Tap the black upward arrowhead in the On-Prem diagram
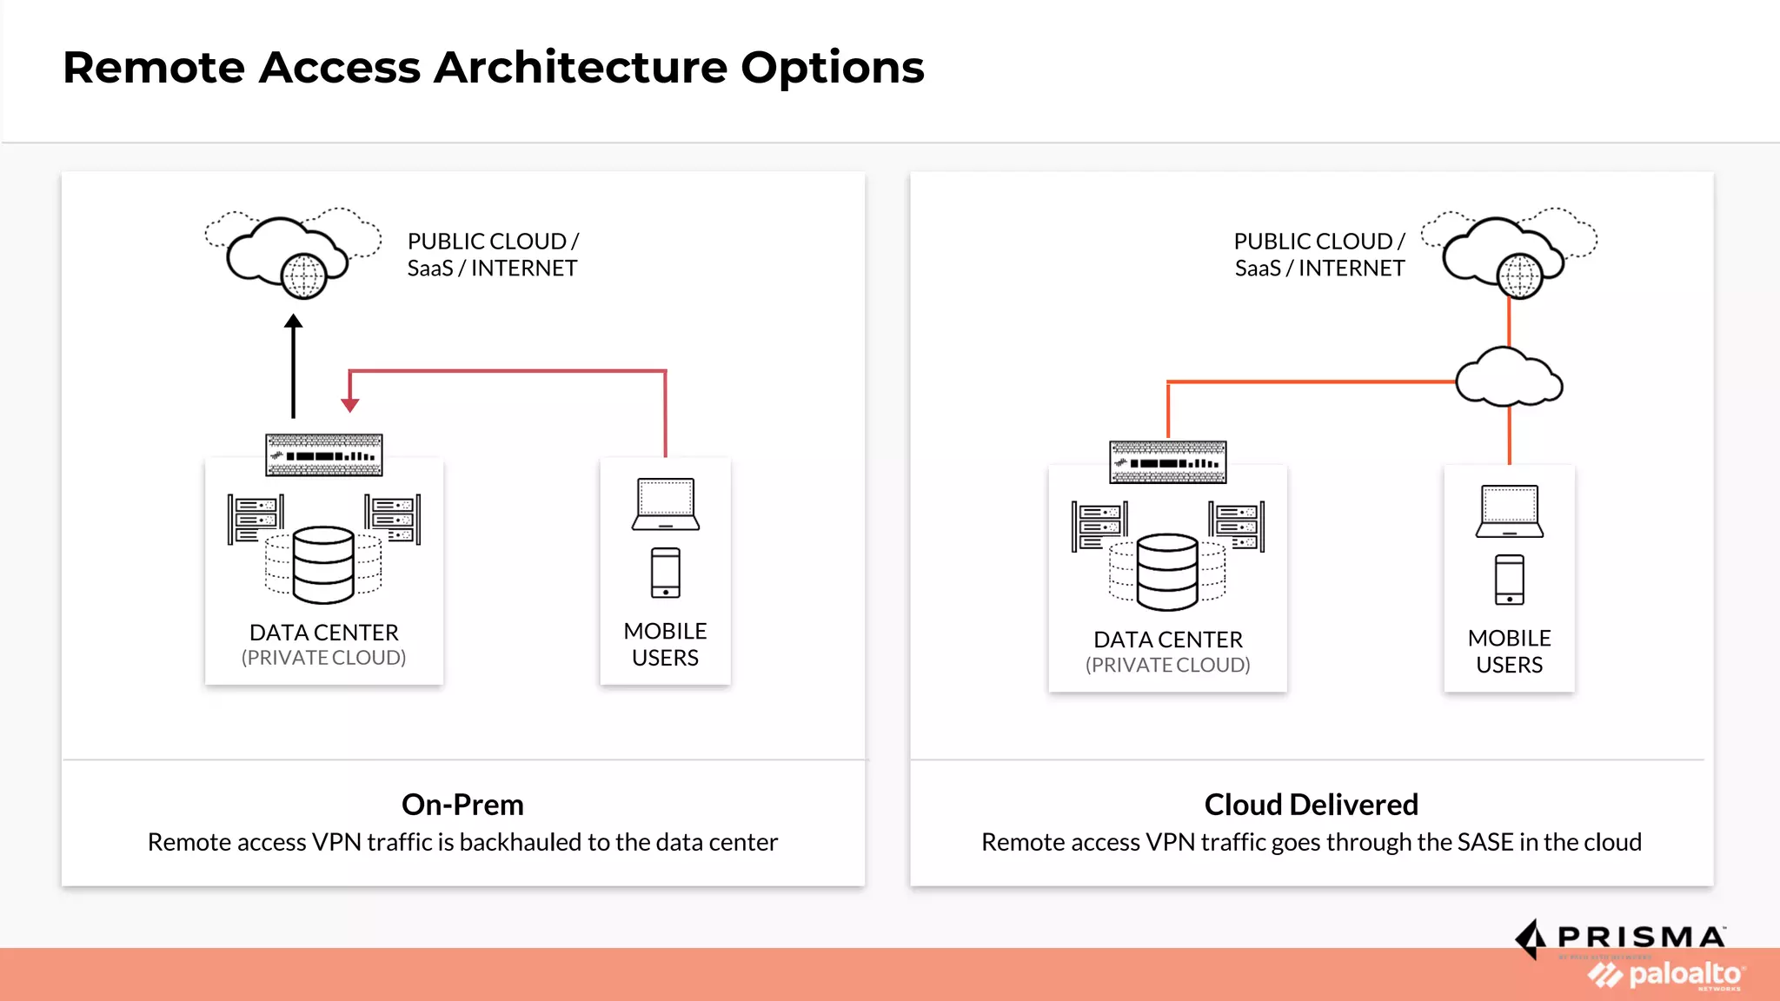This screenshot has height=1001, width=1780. pos(294,322)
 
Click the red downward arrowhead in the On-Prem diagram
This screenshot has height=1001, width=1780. pos(350,405)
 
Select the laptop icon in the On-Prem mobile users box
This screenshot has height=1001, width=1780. pos(666,504)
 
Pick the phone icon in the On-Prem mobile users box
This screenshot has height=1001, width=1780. pos(666,573)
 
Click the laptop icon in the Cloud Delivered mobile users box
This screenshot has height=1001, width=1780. pos(1510,511)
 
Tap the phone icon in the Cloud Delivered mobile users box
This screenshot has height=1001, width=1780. pos(1510,580)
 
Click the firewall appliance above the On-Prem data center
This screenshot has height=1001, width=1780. pos(324,455)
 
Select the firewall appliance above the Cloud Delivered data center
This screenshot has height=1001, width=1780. pos(1168,462)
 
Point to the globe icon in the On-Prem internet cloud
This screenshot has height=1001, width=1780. pos(303,276)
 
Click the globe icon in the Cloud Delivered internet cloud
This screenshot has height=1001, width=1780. pos(1519,276)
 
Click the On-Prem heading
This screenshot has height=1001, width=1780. pos(462,805)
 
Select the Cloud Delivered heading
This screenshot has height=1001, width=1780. pos(1311,805)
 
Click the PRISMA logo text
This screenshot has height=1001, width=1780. pos(1641,938)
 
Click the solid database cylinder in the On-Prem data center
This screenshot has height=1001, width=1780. pos(323,565)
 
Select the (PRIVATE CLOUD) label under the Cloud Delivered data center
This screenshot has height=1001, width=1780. pos(1168,665)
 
